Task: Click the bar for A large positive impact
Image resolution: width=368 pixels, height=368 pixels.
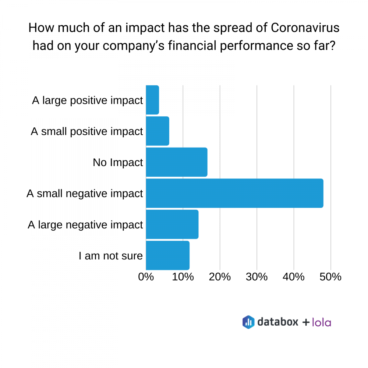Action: pyautogui.click(x=152, y=100)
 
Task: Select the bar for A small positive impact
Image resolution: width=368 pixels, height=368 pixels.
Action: pyautogui.click(x=158, y=131)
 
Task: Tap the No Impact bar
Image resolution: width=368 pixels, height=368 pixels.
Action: pyautogui.click(x=177, y=162)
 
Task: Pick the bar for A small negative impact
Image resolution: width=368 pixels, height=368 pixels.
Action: pyautogui.click(x=234, y=193)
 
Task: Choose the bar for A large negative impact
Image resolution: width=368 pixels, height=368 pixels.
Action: pyautogui.click(x=172, y=224)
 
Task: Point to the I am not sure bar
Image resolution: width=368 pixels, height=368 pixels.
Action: pyautogui.click(x=168, y=255)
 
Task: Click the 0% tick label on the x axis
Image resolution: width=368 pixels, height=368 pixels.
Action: pyautogui.click(x=146, y=277)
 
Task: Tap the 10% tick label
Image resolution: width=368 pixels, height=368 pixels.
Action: pyautogui.click(x=183, y=277)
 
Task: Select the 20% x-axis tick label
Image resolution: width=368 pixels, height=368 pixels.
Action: pyautogui.click(x=220, y=277)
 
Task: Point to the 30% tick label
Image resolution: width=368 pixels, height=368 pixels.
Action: pyautogui.click(x=257, y=277)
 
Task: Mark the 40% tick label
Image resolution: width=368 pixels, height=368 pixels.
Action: pyautogui.click(x=294, y=277)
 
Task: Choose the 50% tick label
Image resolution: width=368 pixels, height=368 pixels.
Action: pyautogui.click(x=331, y=277)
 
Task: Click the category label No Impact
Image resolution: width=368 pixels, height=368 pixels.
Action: pyautogui.click(x=118, y=162)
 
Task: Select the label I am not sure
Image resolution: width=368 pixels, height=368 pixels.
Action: pyautogui.click(x=111, y=256)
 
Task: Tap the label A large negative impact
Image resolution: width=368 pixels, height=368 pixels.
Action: pyautogui.click(x=85, y=224)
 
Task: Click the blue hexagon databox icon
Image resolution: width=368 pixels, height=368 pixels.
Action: pyautogui.click(x=248, y=322)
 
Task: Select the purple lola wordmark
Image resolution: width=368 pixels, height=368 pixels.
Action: pyautogui.click(x=321, y=322)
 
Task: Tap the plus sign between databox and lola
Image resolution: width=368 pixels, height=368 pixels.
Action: pyautogui.click(x=306, y=322)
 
